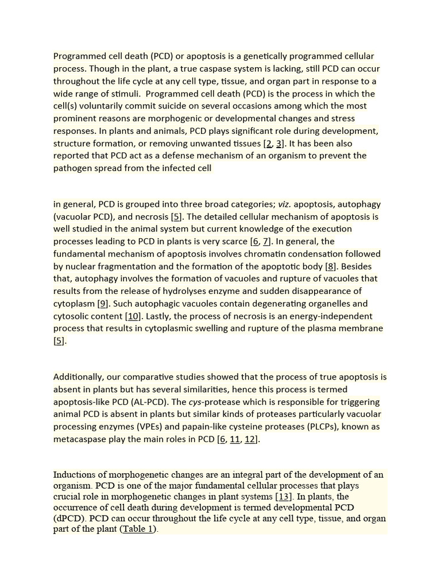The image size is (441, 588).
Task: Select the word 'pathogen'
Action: pos(72,168)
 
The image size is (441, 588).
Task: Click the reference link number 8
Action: pos(331,266)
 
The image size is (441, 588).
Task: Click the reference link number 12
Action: pos(250,439)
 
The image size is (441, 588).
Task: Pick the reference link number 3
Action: pos(279,144)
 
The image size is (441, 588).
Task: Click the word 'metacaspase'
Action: pos(80,439)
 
